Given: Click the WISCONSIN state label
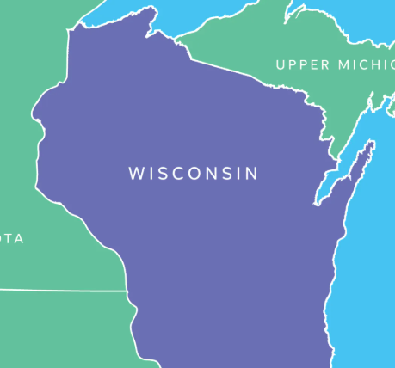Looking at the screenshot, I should (193, 173).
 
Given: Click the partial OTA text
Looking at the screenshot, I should (11, 238).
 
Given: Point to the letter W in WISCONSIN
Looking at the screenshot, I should (136, 173).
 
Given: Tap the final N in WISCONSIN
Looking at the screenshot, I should (251, 173).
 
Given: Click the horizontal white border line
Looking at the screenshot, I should (60, 291).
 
